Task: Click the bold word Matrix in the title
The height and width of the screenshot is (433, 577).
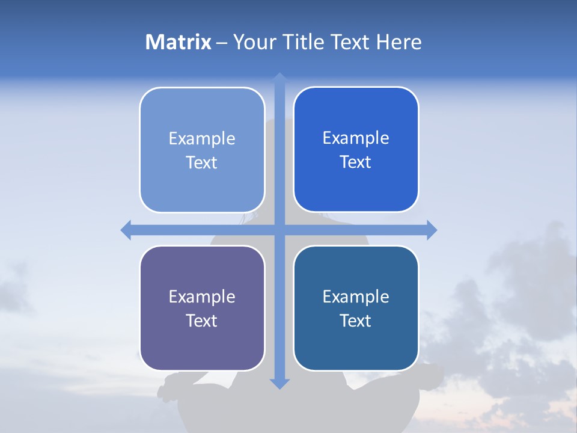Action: (x=179, y=42)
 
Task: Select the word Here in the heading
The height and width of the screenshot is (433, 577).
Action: (x=398, y=42)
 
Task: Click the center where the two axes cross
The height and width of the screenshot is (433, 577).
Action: (x=279, y=230)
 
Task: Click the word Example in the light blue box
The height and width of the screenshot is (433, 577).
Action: (x=202, y=139)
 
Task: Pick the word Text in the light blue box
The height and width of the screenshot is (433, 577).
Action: (x=202, y=163)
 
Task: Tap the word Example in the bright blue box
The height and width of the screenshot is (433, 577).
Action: (x=356, y=138)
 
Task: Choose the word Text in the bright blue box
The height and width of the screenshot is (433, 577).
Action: (x=356, y=162)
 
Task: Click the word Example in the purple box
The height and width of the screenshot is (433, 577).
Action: (x=202, y=297)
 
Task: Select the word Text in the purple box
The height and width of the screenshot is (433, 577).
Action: (x=202, y=321)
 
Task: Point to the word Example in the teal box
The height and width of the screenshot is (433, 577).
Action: (x=356, y=297)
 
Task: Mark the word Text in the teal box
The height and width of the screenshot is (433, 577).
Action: (x=356, y=321)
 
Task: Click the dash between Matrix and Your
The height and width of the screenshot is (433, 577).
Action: (x=222, y=43)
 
